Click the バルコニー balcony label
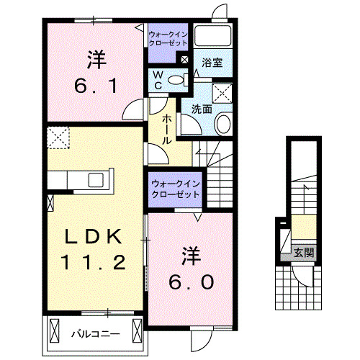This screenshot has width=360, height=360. (x=91, y=333)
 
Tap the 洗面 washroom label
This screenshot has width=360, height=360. (x=202, y=109)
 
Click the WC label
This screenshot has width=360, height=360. (x=158, y=80)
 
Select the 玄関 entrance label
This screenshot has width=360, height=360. (x=303, y=253)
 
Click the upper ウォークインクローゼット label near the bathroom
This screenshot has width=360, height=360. (x=167, y=38)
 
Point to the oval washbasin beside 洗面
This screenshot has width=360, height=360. (x=223, y=124)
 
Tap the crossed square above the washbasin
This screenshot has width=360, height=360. (x=222, y=92)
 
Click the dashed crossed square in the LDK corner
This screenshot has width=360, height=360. (x=57, y=135)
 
